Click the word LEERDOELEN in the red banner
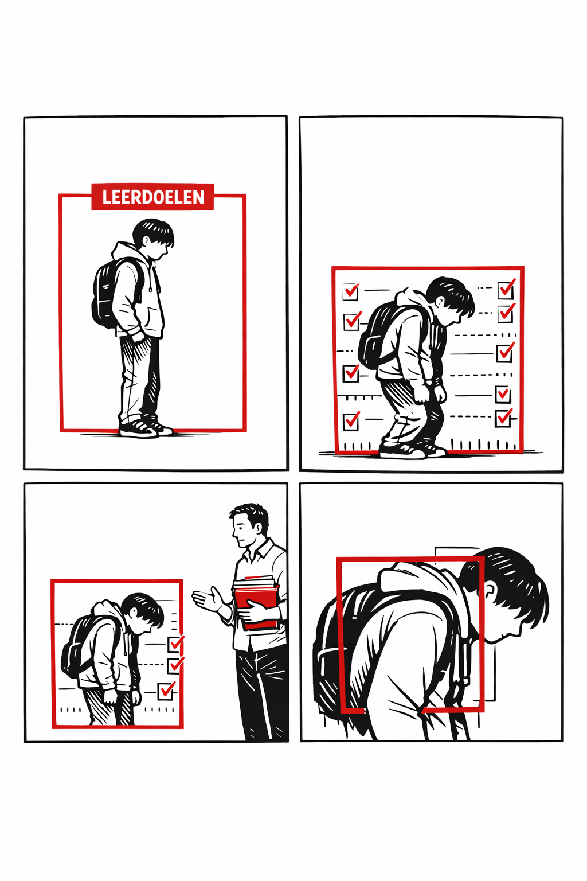(x=153, y=197)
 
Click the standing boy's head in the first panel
(x=152, y=239)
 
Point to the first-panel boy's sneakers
(x=144, y=428)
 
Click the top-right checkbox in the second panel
(x=506, y=289)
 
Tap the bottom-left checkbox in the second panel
(x=351, y=421)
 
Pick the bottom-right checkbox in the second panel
(x=503, y=418)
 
